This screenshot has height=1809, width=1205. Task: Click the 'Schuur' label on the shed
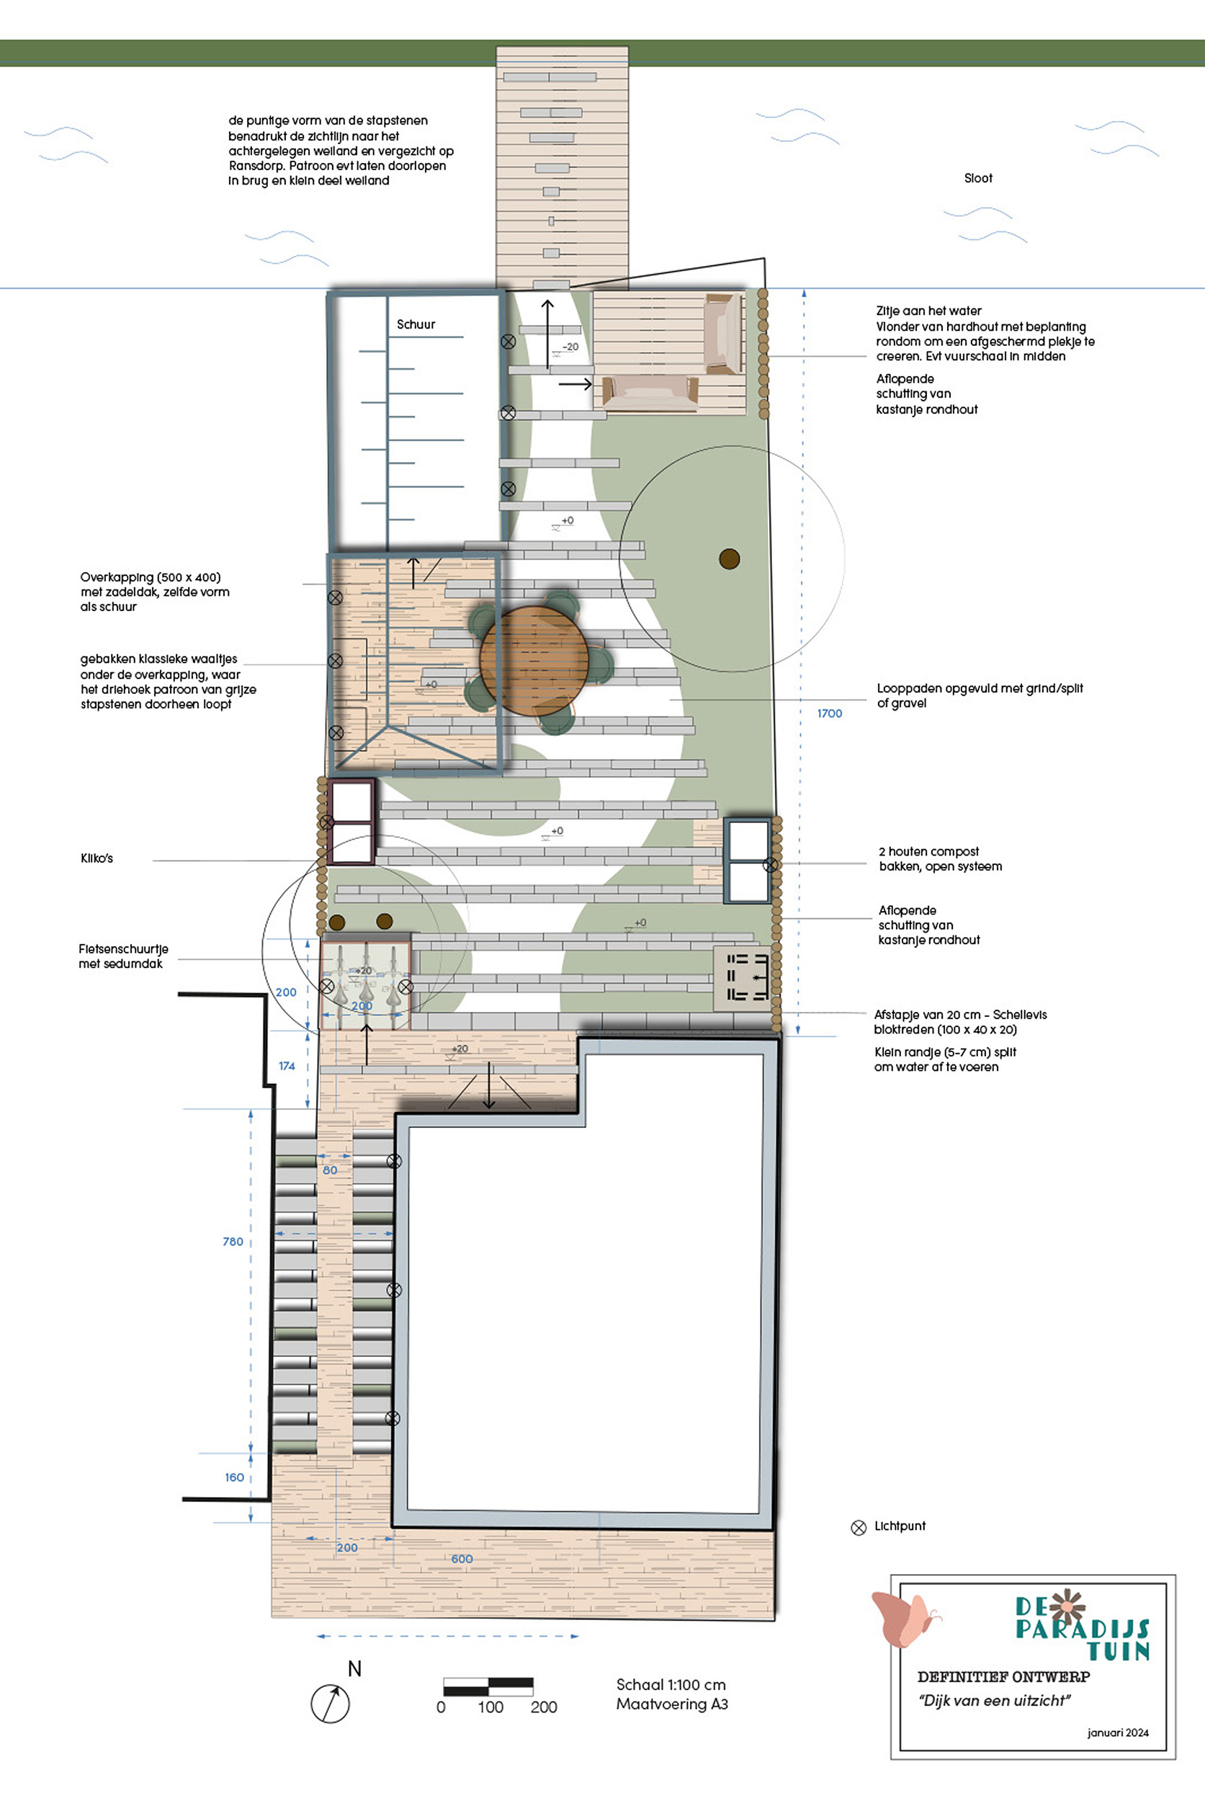point(416,324)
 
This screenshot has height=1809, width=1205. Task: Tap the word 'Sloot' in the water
point(978,177)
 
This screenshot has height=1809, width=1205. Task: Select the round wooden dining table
point(534,660)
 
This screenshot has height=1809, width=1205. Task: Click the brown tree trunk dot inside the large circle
point(730,559)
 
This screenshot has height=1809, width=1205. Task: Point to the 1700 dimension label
point(829,714)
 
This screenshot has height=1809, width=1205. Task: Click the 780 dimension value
point(233,1241)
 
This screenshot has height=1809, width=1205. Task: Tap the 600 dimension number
point(462,1558)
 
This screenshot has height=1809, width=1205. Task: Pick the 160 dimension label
point(234,1477)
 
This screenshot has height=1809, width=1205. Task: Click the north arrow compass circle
point(331,1704)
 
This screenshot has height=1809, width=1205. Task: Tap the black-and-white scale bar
point(488,1687)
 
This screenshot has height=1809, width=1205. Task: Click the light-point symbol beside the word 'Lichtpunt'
point(859,1528)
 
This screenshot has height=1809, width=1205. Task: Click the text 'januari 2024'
point(1118,1732)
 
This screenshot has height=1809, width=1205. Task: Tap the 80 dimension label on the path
point(330,1170)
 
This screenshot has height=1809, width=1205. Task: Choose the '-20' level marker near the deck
point(570,347)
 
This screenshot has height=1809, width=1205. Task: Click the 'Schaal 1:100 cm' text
point(671,1684)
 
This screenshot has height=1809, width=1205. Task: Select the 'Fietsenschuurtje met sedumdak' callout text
point(123,956)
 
